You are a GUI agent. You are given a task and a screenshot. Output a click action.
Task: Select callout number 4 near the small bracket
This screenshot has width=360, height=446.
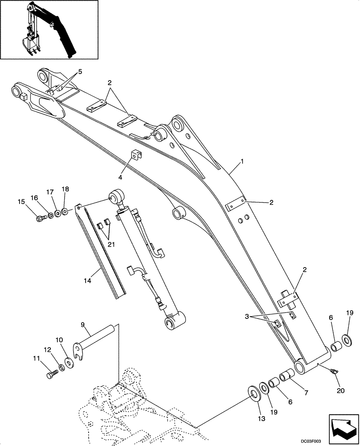coord(120,178)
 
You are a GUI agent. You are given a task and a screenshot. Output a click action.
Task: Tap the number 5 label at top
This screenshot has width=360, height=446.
coord(80,72)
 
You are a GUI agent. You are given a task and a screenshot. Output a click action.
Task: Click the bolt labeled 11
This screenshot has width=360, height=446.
coord(52,374)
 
